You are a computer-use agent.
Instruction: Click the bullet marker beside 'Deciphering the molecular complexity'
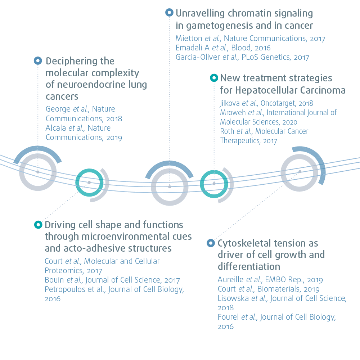[x=38, y=61]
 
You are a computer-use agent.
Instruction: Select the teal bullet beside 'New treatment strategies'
[x=214, y=78]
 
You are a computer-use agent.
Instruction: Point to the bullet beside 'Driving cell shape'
[x=37, y=225]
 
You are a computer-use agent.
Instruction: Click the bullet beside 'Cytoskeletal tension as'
[x=211, y=243]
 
